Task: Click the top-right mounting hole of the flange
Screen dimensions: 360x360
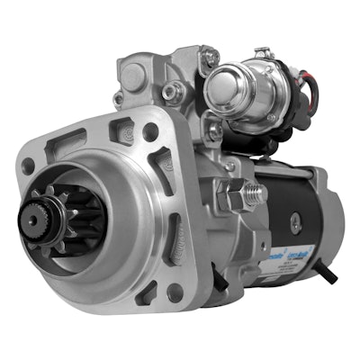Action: coord(150,132)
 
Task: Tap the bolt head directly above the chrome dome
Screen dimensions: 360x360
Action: coord(211,58)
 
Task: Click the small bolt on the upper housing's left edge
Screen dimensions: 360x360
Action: coord(119,97)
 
